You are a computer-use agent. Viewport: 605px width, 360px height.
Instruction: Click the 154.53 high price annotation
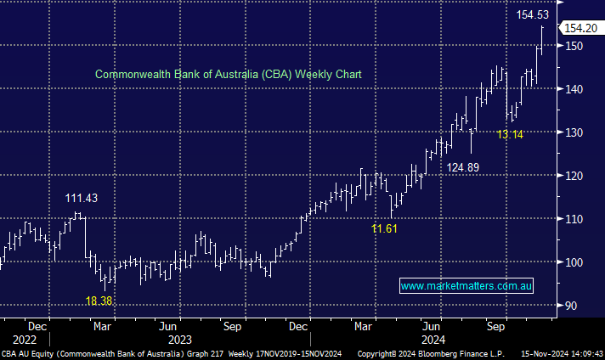[x=533, y=14]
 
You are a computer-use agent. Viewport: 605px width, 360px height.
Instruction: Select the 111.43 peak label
[x=82, y=199]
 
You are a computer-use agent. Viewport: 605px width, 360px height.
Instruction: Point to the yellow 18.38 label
[x=99, y=301]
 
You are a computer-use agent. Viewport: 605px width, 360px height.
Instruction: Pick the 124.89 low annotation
[x=463, y=167]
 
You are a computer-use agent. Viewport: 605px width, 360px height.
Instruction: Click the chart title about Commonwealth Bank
[x=228, y=75]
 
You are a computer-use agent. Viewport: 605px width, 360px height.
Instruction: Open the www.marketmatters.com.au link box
[x=466, y=287]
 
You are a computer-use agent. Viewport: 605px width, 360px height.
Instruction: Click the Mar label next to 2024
[x=364, y=326]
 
